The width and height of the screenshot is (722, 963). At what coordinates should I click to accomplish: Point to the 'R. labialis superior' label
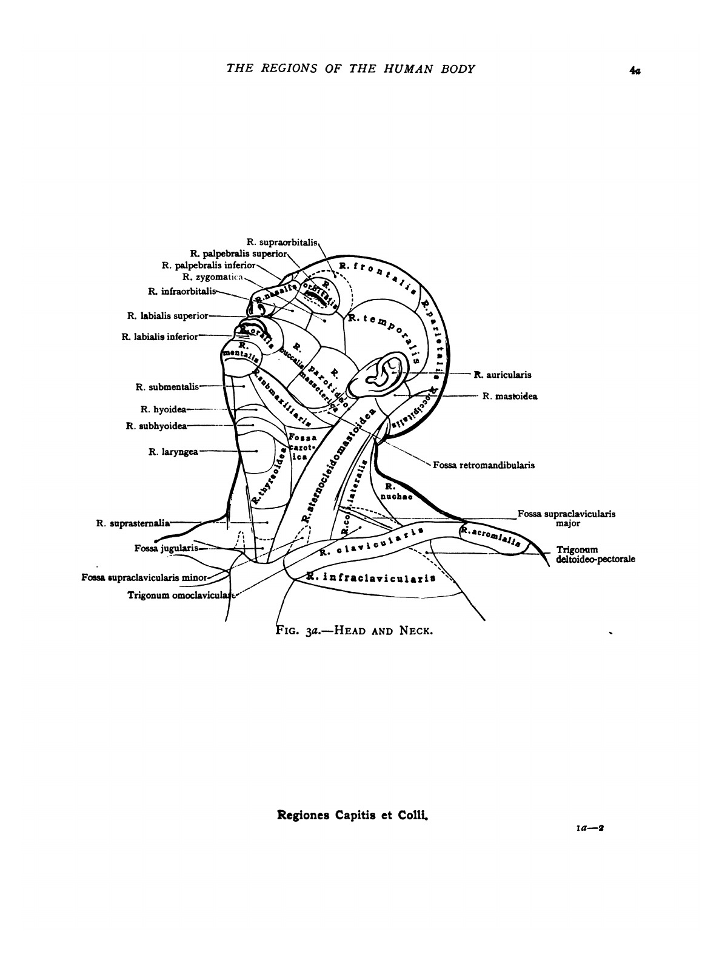click(167, 315)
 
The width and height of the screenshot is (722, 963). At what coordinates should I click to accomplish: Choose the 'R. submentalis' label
click(167, 386)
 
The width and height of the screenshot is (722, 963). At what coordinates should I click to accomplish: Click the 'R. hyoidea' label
click(163, 409)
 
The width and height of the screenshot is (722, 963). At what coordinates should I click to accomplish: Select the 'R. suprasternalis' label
click(133, 522)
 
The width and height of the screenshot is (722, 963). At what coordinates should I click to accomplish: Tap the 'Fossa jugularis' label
click(166, 548)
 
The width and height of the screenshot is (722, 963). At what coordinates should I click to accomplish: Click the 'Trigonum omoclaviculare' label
click(181, 595)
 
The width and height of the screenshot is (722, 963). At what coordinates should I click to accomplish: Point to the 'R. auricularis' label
click(503, 375)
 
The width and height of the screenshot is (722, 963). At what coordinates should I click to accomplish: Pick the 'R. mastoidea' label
click(510, 397)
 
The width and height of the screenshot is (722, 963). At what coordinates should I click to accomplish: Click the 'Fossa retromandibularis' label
click(484, 466)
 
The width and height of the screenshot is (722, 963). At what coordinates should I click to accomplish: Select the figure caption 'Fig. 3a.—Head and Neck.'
click(354, 629)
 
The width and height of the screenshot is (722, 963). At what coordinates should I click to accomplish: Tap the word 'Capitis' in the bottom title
click(353, 814)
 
